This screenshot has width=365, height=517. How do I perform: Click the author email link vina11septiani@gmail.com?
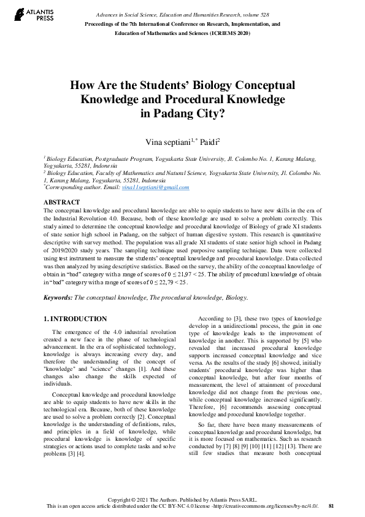pyautogui.click(x=156, y=187)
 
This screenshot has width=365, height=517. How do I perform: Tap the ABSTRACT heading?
pyautogui.click(x=61, y=202)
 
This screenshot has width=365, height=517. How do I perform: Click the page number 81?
pyautogui.click(x=331, y=506)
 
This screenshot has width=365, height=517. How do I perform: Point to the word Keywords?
pyautogui.click(x=57, y=298)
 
